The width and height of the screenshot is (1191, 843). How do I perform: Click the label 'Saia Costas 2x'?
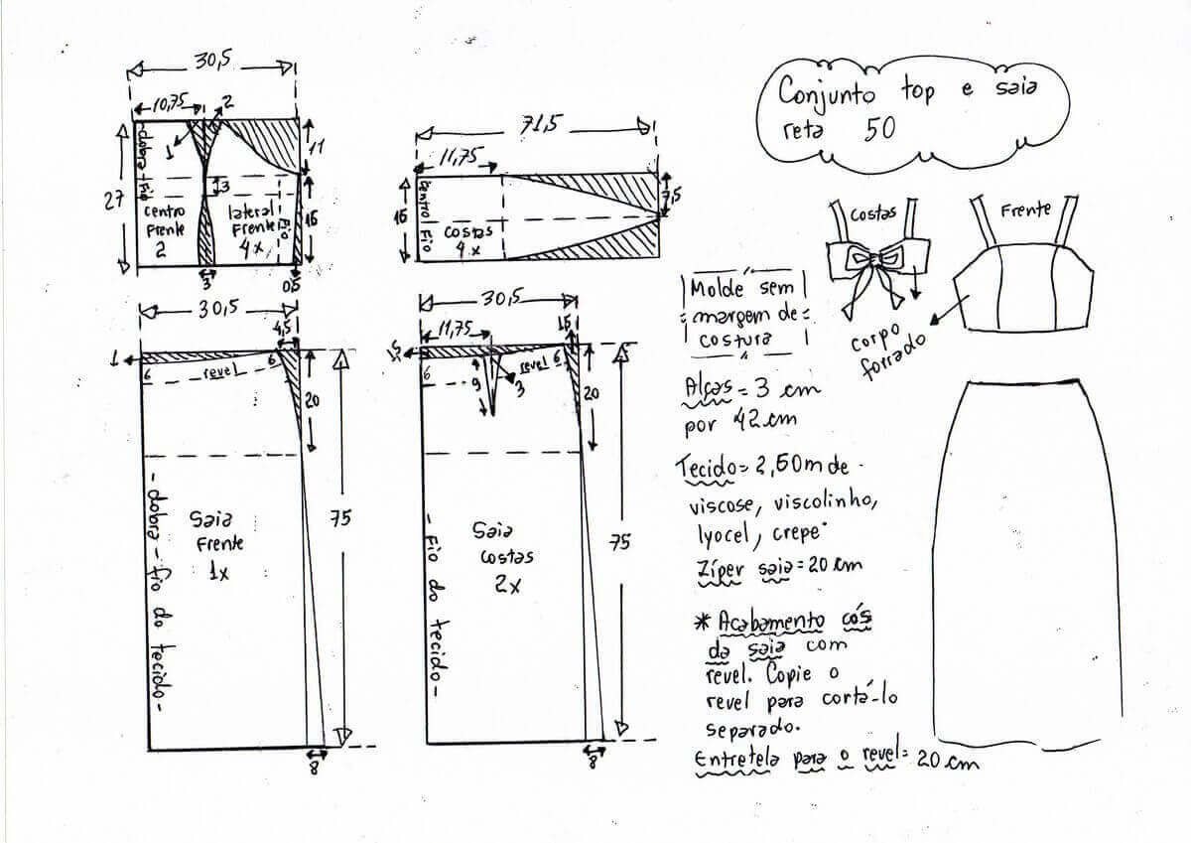click(x=507, y=557)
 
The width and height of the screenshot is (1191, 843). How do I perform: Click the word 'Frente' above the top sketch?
click(x=1025, y=211)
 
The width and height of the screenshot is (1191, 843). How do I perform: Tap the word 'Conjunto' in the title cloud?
click(x=827, y=92)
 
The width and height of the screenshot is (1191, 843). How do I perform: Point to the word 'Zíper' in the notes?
click(x=719, y=567)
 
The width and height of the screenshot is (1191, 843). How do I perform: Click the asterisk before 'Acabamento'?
click(x=702, y=621)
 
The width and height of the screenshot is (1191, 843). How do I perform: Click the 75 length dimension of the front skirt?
click(x=340, y=518)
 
